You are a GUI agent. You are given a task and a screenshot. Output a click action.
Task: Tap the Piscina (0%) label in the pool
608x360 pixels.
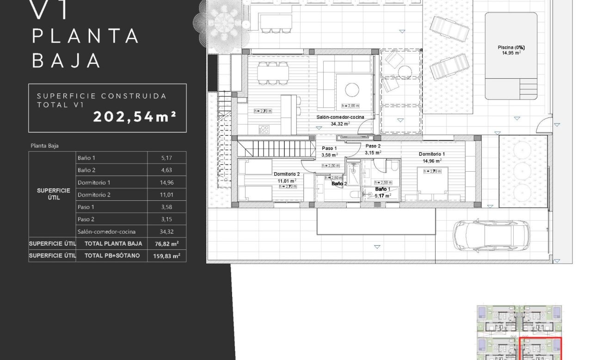[x=511, y=48]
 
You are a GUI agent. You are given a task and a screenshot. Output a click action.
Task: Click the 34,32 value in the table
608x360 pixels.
[x=166, y=231]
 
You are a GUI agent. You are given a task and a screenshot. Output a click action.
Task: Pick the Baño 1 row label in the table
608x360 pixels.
[x=87, y=158]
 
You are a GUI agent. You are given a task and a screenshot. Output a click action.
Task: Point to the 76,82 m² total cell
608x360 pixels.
[x=166, y=243]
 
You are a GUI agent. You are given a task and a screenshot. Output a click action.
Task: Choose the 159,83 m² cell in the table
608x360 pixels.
[x=166, y=255]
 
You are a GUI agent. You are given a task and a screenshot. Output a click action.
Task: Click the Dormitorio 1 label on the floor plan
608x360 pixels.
[x=432, y=154]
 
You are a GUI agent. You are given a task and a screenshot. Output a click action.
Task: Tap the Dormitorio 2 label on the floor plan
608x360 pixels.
[x=287, y=174]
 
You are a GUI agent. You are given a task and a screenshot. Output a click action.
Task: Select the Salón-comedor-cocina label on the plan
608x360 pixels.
[x=340, y=118]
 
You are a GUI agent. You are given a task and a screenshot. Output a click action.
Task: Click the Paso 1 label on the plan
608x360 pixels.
[x=330, y=149]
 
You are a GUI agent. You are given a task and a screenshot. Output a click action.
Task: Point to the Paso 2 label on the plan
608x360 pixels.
[x=373, y=146]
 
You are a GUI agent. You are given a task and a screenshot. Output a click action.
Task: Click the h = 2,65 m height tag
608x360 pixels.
[x=350, y=106]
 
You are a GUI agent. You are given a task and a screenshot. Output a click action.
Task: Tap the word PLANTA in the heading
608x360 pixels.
[x=86, y=36]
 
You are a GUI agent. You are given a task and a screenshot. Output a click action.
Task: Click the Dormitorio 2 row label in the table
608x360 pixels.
[x=94, y=195]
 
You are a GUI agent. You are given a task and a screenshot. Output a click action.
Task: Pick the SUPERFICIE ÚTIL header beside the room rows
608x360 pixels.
[x=54, y=194]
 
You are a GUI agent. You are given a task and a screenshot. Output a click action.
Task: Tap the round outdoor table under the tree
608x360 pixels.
[x=223, y=21]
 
